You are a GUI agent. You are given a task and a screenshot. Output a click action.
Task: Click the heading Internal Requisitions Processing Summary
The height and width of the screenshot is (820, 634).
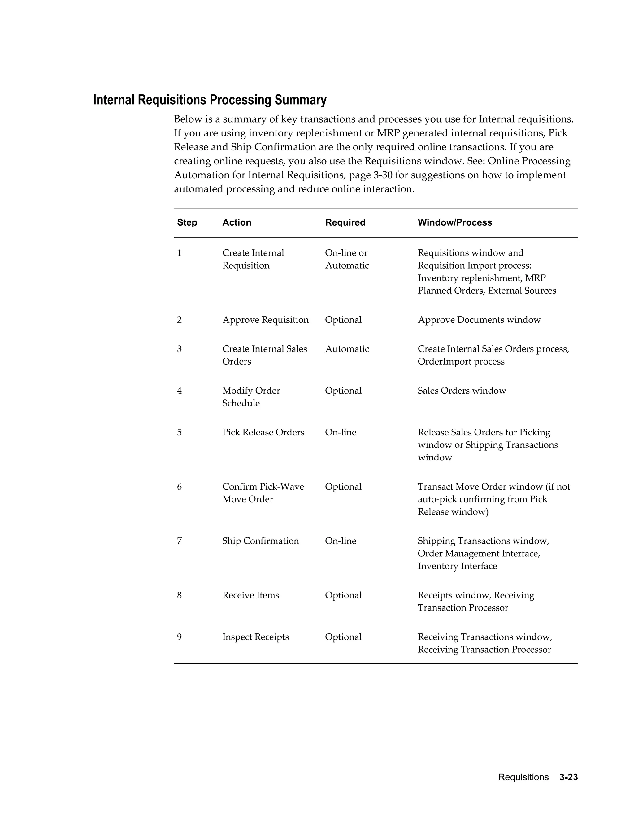pyautogui.click(x=210, y=100)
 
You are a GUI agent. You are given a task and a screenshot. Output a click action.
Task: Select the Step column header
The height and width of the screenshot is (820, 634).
pyautogui.click(x=187, y=223)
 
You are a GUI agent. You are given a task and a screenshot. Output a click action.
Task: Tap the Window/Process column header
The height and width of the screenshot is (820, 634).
pyautogui.click(x=454, y=223)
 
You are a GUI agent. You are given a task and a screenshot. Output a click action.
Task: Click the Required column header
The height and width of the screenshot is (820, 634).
pyautogui.click(x=345, y=223)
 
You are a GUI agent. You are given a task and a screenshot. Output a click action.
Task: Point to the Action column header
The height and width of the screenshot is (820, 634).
pyautogui.click(x=237, y=223)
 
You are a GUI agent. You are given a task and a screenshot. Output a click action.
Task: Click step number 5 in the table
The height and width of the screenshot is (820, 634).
pyautogui.click(x=179, y=433)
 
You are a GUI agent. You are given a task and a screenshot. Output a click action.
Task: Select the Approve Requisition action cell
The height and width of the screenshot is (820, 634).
pyautogui.click(x=265, y=320)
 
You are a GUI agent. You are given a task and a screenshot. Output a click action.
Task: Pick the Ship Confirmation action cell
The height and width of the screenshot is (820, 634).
pyautogui.click(x=260, y=541)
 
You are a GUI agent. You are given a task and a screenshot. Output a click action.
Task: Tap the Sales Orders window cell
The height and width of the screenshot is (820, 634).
pyautogui.click(x=462, y=391)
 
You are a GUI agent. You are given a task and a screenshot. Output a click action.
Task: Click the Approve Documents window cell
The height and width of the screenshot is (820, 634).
pyautogui.click(x=479, y=320)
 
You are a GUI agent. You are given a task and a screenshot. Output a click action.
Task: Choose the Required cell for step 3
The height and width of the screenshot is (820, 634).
pyautogui.click(x=347, y=349)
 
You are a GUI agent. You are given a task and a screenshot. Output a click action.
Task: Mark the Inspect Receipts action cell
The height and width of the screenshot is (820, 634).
pyautogui.click(x=255, y=637)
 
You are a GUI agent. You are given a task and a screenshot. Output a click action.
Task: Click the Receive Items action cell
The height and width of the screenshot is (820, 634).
pyautogui.click(x=250, y=595)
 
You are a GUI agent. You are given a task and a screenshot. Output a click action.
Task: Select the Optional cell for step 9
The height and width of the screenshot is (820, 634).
pyautogui.click(x=343, y=637)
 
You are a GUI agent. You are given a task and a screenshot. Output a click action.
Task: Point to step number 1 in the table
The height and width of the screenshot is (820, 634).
pyautogui.click(x=179, y=253)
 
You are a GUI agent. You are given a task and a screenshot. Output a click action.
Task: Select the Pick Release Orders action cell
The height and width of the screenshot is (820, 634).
pyautogui.click(x=263, y=433)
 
